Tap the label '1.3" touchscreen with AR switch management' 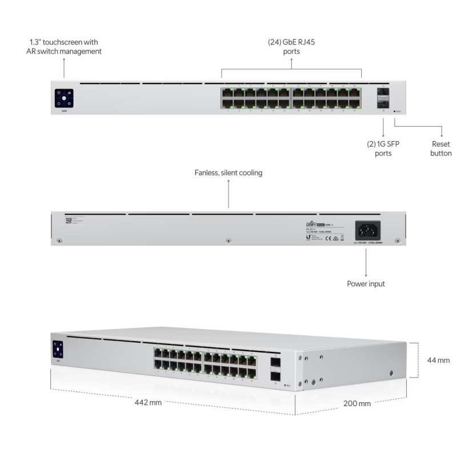pyautogui.click(x=64, y=47)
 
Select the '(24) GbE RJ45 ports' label pyautogui.click(x=291, y=47)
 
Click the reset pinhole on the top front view pyautogui.click(x=394, y=111)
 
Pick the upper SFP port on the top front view pyautogui.click(x=382, y=93)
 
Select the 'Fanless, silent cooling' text pyautogui.click(x=228, y=173)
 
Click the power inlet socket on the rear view pyautogui.click(x=368, y=230)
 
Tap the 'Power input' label pyautogui.click(x=366, y=283)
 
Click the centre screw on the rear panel pyautogui.click(x=228, y=241)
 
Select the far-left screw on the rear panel pyautogui.click(x=59, y=241)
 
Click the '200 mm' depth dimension pyautogui.click(x=357, y=403)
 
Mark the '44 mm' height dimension pyautogui.click(x=439, y=360)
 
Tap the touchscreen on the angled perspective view pyautogui.click(x=58, y=348)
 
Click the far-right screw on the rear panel pyautogui.click(x=398, y=241)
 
